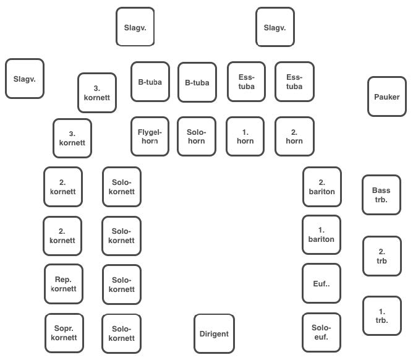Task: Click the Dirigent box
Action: (x=214, y=333)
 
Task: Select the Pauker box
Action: (x=387, y=96)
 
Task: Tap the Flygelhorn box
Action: (x=150, y=136)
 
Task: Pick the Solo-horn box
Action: (x=197, y=136)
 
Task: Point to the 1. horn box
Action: (x=245, y=136)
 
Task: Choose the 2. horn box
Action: (x=294, y=136)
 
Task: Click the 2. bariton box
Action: (x=322, y=187)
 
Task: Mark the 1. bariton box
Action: (x=321, y=234)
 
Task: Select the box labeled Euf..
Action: (x=321, y=283)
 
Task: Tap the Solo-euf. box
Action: (x=321, y=332)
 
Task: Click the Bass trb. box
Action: (x=381, y=195)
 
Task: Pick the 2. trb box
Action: (x=382, y=256)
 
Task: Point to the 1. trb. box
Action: (x=382, y=315)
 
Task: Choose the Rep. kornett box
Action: (x=64, y=284)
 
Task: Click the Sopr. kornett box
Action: (x=64, y=333)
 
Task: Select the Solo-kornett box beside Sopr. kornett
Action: (x=121, y=333)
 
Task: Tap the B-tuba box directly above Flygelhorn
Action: (x=150, y=82)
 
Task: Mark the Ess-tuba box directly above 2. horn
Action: (x=294, y=82)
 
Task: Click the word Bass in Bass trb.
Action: (x=381, y=191)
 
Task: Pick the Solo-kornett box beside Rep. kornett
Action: (x=122, y=285)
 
